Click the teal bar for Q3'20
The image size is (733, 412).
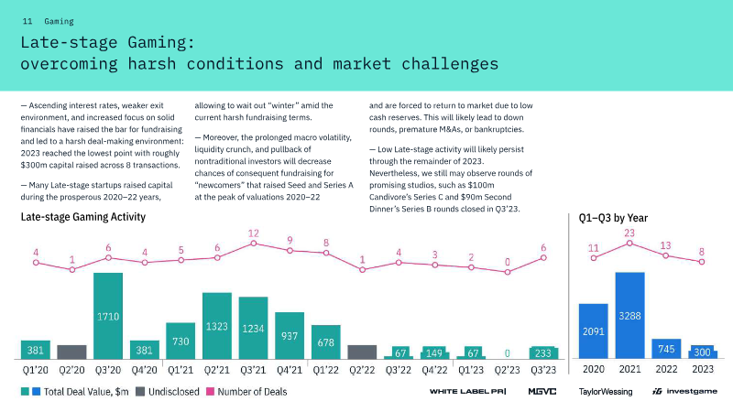[108, 316]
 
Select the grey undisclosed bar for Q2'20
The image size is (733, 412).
[72, 352]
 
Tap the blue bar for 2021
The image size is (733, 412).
[629, 315]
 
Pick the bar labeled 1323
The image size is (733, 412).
[217, 326]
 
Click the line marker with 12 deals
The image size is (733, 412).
[254, 244]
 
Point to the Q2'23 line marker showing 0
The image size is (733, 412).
[508, 272]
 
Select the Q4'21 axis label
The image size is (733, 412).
[290, 371]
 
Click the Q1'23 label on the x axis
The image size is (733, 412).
[471, 371]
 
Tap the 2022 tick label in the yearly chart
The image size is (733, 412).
[666, 369]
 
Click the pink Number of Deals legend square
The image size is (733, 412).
[211, 392]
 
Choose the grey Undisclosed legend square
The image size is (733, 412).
[140, 392]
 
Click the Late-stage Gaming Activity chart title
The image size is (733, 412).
[83, 217]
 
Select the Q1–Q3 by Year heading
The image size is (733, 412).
[613, 218]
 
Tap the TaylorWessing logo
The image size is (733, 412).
[606, 392]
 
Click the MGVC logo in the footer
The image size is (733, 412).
[542, 392]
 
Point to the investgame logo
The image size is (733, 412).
[684, 392]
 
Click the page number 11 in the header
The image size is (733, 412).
[27, 21]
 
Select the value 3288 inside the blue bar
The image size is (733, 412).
[629, 316]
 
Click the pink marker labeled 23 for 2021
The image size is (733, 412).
[629, 244]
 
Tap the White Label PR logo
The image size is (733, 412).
[468, 392]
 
